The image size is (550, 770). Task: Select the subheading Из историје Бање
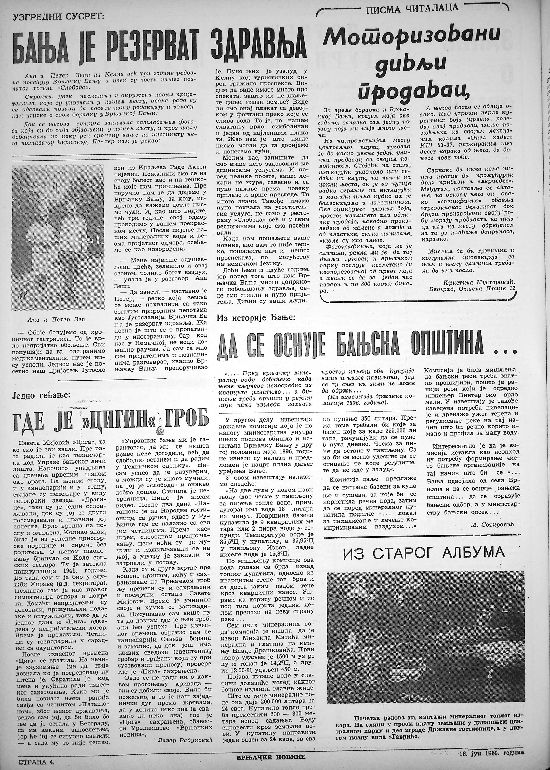tap(257, 318)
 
